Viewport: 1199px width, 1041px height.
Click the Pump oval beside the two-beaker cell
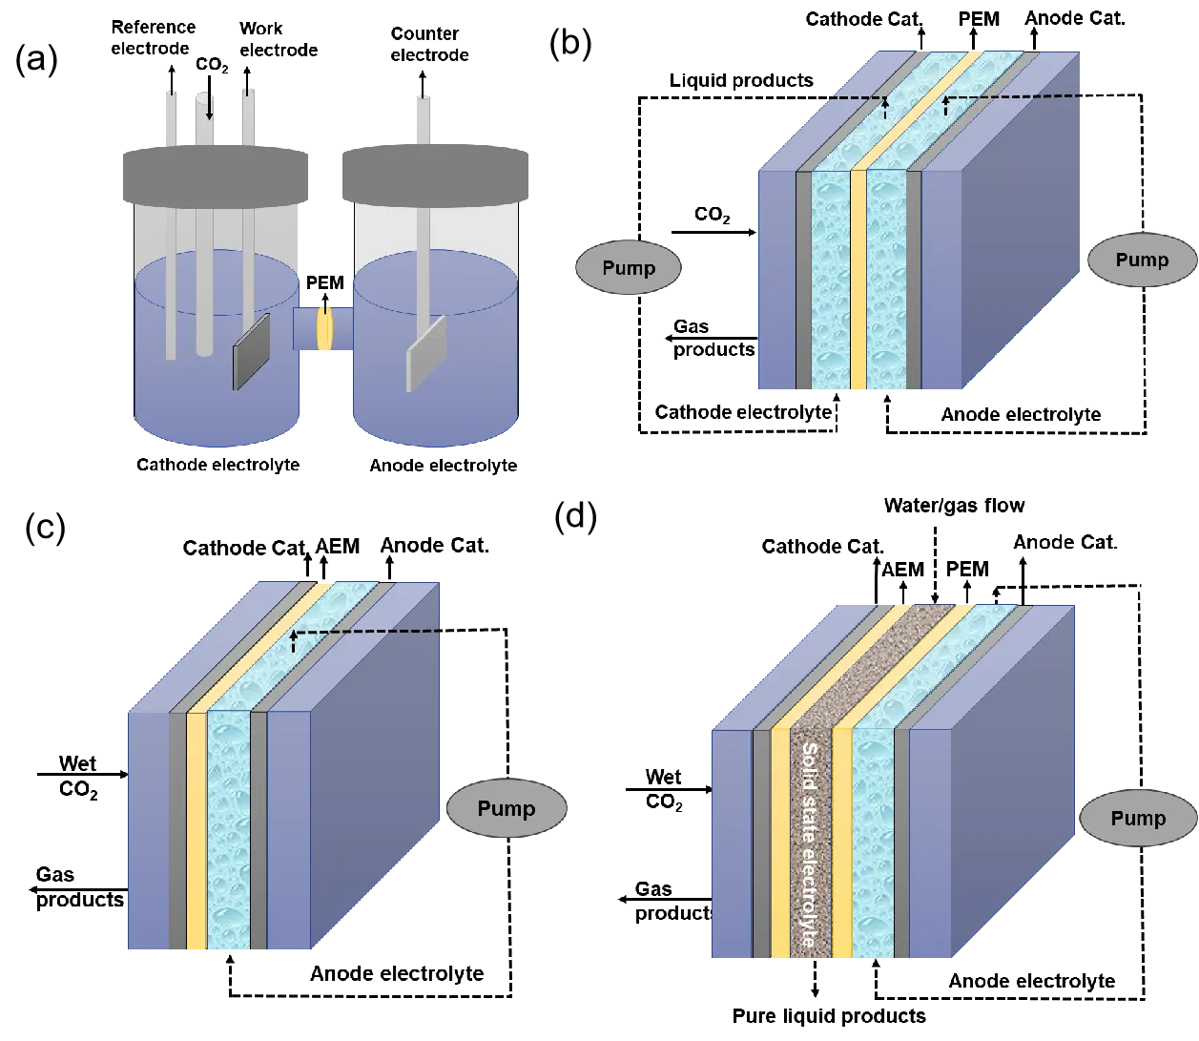628,268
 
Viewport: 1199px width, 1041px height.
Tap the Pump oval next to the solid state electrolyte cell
1138,819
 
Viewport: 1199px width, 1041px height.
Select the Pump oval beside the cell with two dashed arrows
1142,260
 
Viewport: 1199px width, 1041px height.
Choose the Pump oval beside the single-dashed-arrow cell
506,809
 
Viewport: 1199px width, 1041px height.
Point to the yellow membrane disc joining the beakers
324,327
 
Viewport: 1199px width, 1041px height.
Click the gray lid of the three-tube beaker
217,176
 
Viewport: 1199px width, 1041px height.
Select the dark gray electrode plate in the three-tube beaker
252,351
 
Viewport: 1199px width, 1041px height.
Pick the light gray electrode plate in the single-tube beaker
426,353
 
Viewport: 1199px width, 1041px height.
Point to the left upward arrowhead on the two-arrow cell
884,101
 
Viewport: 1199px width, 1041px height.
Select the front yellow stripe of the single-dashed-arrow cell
196,830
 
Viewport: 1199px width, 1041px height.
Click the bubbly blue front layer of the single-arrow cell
229,830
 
